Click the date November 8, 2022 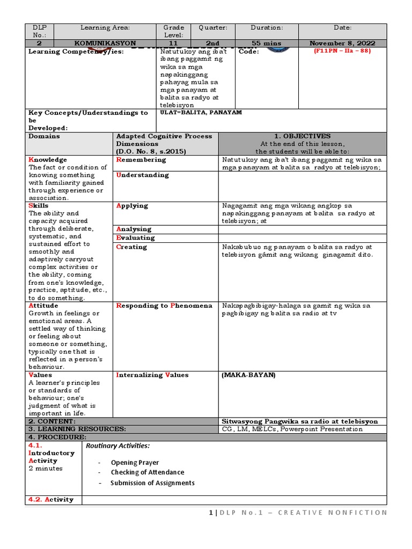coord(342,43)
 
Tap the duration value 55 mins coord(267,43)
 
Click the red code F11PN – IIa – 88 coord(342,51)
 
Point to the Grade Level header coord(174,31)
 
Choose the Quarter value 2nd coord(213,43)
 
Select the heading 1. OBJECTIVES coord(302,136)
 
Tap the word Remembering coord(141,160)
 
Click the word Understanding coord(142,175)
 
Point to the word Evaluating coord(135,238)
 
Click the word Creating coord(131,247)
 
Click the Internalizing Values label coord(152,375)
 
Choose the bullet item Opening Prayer coord(135,462)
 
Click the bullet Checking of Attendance coord(147,472)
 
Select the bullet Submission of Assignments coord(152,483)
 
